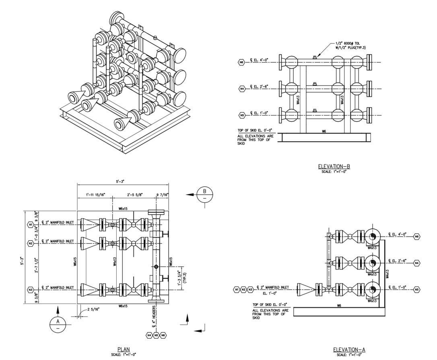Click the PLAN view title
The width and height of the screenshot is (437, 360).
124,350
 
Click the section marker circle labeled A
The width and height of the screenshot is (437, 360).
57,324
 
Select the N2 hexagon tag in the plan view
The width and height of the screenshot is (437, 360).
31,243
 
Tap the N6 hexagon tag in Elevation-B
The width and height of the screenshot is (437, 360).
242,62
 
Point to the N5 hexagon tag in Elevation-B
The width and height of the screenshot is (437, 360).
242,115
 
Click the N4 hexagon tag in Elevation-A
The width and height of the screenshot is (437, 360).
416,263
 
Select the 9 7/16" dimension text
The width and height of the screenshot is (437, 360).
163,195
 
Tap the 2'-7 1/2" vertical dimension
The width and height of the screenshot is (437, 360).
36,265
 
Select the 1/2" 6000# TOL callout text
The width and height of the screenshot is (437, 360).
350,44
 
